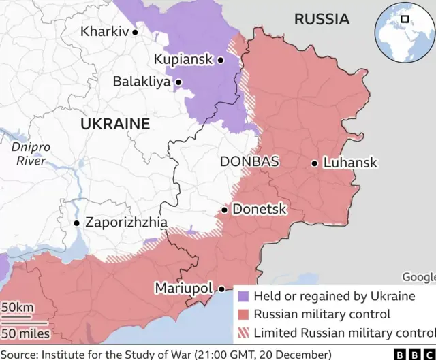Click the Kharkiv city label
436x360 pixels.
104,31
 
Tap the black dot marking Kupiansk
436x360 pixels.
221,60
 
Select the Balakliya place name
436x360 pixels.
142,82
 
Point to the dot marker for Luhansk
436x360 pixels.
314,163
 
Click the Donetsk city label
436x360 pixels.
260,210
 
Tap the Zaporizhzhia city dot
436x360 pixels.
77,223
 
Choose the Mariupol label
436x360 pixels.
183,288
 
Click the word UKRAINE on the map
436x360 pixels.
114,124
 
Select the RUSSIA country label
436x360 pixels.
322,19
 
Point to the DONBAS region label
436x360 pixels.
249,162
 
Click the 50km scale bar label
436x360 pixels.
17,308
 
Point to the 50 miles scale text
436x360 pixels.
25,333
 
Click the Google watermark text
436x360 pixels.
418,277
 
